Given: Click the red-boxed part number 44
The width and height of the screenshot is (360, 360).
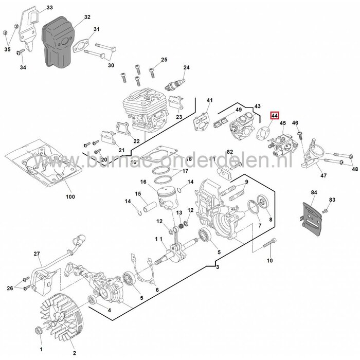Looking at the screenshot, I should pyautogui.click(x=275, y=117).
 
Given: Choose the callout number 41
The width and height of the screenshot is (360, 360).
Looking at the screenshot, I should pyautogui.click(x=210, y=100).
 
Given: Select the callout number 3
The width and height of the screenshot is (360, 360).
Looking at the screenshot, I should pyautogui.click(x=218, y=267).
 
